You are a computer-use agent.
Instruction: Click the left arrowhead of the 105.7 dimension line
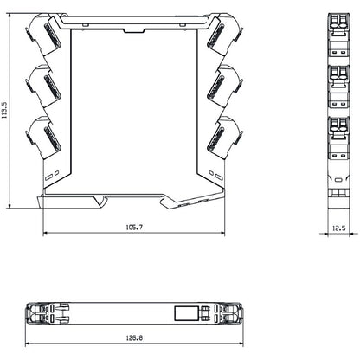tap(45, 235)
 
